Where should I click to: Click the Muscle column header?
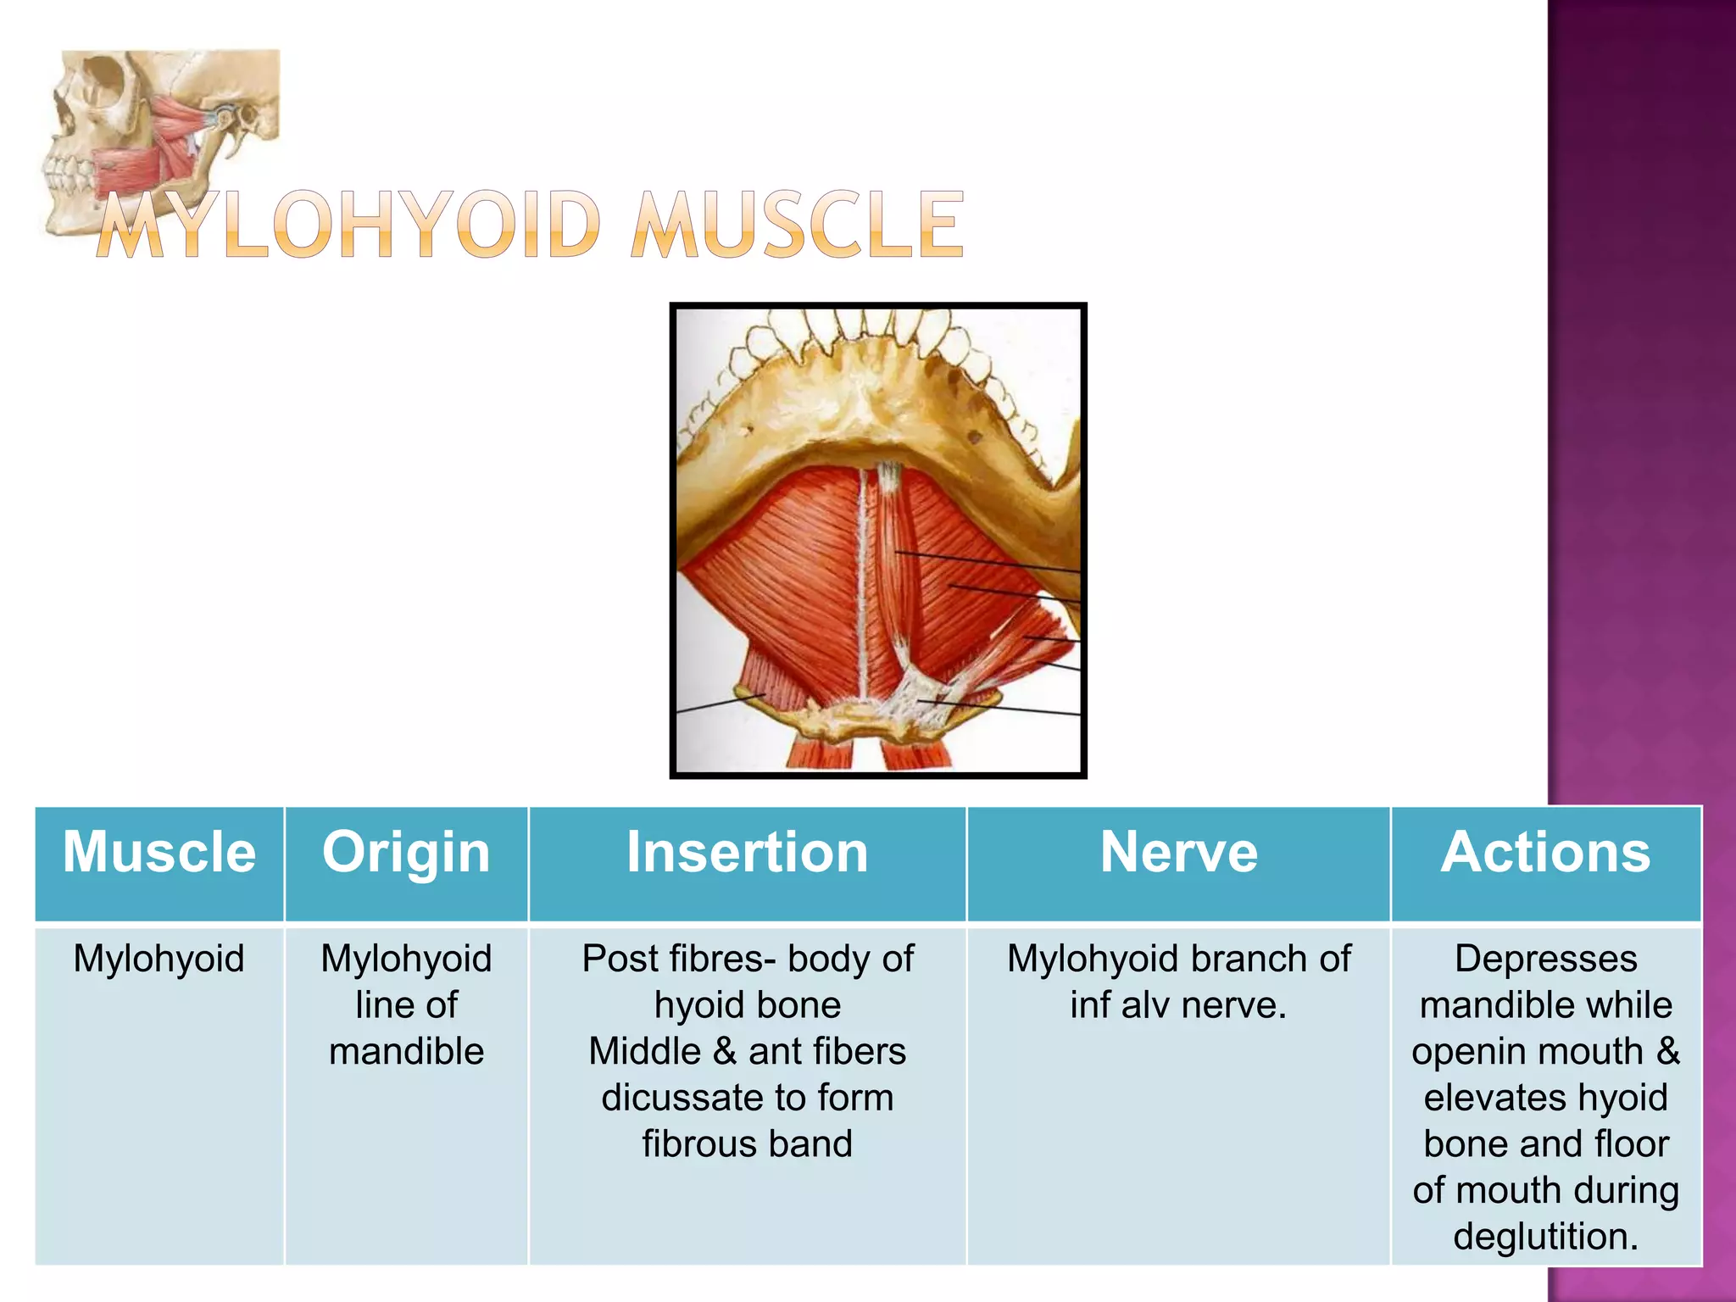coord(159,852)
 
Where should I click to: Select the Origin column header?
coord(406,852)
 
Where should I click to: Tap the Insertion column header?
coord(747,852)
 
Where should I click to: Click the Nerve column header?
coord(1178,852)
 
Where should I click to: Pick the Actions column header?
coord(1545,852)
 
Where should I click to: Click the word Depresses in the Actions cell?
coord(1545,960)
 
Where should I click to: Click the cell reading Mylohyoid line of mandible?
coord(406,1005)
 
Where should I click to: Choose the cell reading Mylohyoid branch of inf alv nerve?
coord(1178,982)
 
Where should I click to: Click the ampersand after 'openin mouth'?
coord(1667,1052)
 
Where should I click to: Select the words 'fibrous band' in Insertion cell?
coord(747,1144)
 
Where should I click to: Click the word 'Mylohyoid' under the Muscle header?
coord(159,960)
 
